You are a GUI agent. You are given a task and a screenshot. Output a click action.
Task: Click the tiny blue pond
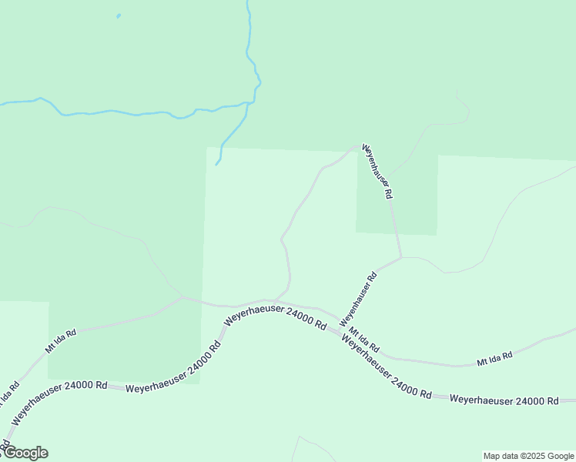(118, 15)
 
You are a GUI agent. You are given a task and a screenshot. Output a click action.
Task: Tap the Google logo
(25, 453)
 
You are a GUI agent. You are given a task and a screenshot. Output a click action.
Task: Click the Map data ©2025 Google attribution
(529, 456)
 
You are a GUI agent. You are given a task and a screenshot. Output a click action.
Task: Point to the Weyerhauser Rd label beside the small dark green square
(378, 172)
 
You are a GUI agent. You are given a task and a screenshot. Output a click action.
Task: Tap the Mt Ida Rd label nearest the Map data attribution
(494, 360)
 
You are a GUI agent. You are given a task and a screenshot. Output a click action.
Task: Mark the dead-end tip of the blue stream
(216, 164)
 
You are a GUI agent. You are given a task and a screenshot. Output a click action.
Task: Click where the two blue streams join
(248, 103)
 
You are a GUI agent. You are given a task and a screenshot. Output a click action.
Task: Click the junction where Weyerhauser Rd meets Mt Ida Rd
(340, 323)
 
